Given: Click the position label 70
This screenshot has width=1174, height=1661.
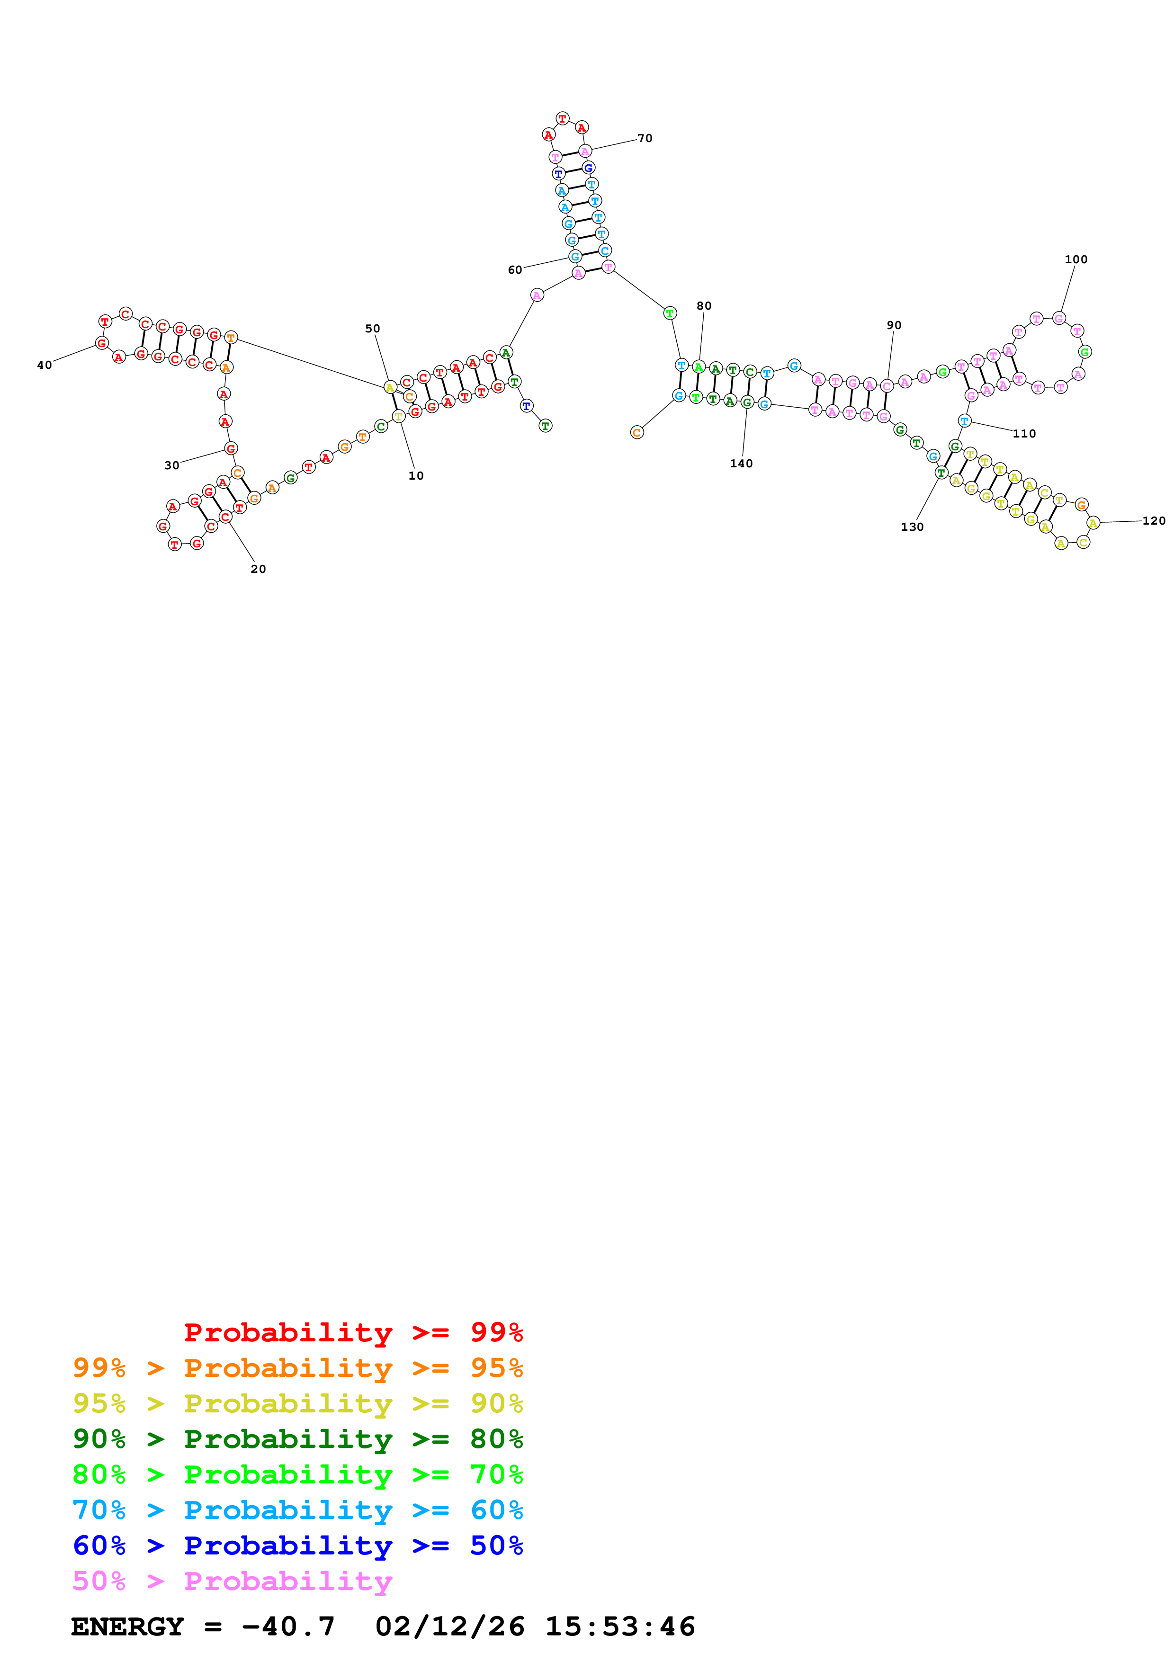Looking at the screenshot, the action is [x=645, y=138].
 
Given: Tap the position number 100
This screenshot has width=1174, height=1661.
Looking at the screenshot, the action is [x=1075, y=259].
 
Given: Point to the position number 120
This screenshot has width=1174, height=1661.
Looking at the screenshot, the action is [x=1154, y=521].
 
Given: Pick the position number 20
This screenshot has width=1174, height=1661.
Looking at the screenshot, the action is [x=258, y=569].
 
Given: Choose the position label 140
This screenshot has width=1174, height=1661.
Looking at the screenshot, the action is [x=742, y=464].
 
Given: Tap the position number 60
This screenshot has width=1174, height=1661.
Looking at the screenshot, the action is [x=515, y=270].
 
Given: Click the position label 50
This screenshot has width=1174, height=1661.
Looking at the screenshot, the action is [x=373, y=329].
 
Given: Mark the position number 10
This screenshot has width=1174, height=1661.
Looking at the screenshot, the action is [x=416, y=476].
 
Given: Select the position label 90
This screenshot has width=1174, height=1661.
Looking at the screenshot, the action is [x=894, y=326].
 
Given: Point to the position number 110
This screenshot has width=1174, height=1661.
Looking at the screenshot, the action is [x=1024, y=434].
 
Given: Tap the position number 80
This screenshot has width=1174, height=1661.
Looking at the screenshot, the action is [x=704, y=306].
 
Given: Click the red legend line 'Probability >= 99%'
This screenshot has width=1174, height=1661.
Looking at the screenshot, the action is [x=353, y=1332].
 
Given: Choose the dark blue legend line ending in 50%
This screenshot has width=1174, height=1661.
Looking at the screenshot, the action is [x=297, y=1545].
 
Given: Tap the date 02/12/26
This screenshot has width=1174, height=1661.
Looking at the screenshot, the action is [x=450, y=1626].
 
